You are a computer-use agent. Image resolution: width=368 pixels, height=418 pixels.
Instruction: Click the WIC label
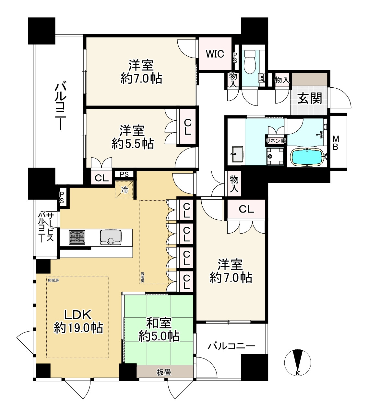coord(215,54)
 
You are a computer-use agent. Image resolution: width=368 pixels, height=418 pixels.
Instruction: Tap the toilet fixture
coord(250,61)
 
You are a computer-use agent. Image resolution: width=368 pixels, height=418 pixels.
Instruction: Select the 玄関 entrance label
coord(310,98)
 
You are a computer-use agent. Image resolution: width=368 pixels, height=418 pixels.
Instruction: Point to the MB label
coord(335,143)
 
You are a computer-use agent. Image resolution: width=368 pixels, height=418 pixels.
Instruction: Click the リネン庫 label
coord(276,141)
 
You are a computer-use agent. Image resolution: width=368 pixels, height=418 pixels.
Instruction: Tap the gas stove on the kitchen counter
coord(77,237)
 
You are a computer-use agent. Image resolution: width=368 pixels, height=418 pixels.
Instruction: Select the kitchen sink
coord(111,237)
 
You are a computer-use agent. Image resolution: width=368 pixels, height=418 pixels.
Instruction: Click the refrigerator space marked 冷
coord(125,190)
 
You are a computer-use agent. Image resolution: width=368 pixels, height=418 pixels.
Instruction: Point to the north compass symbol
coord(298,362)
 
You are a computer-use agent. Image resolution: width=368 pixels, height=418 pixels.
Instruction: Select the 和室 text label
coord(159,323)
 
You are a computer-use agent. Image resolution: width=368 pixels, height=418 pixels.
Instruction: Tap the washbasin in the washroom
coord(238,154)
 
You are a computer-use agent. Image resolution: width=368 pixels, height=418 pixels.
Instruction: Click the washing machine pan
coord(275,156)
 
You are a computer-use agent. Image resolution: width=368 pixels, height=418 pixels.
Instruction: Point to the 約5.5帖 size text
coord(133,144)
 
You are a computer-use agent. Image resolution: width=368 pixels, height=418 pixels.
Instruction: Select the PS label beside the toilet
coord(235,58)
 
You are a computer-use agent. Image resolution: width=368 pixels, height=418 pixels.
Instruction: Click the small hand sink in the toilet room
coord(262,78)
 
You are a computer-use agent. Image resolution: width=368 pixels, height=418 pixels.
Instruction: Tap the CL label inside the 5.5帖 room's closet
coord(187,127)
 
